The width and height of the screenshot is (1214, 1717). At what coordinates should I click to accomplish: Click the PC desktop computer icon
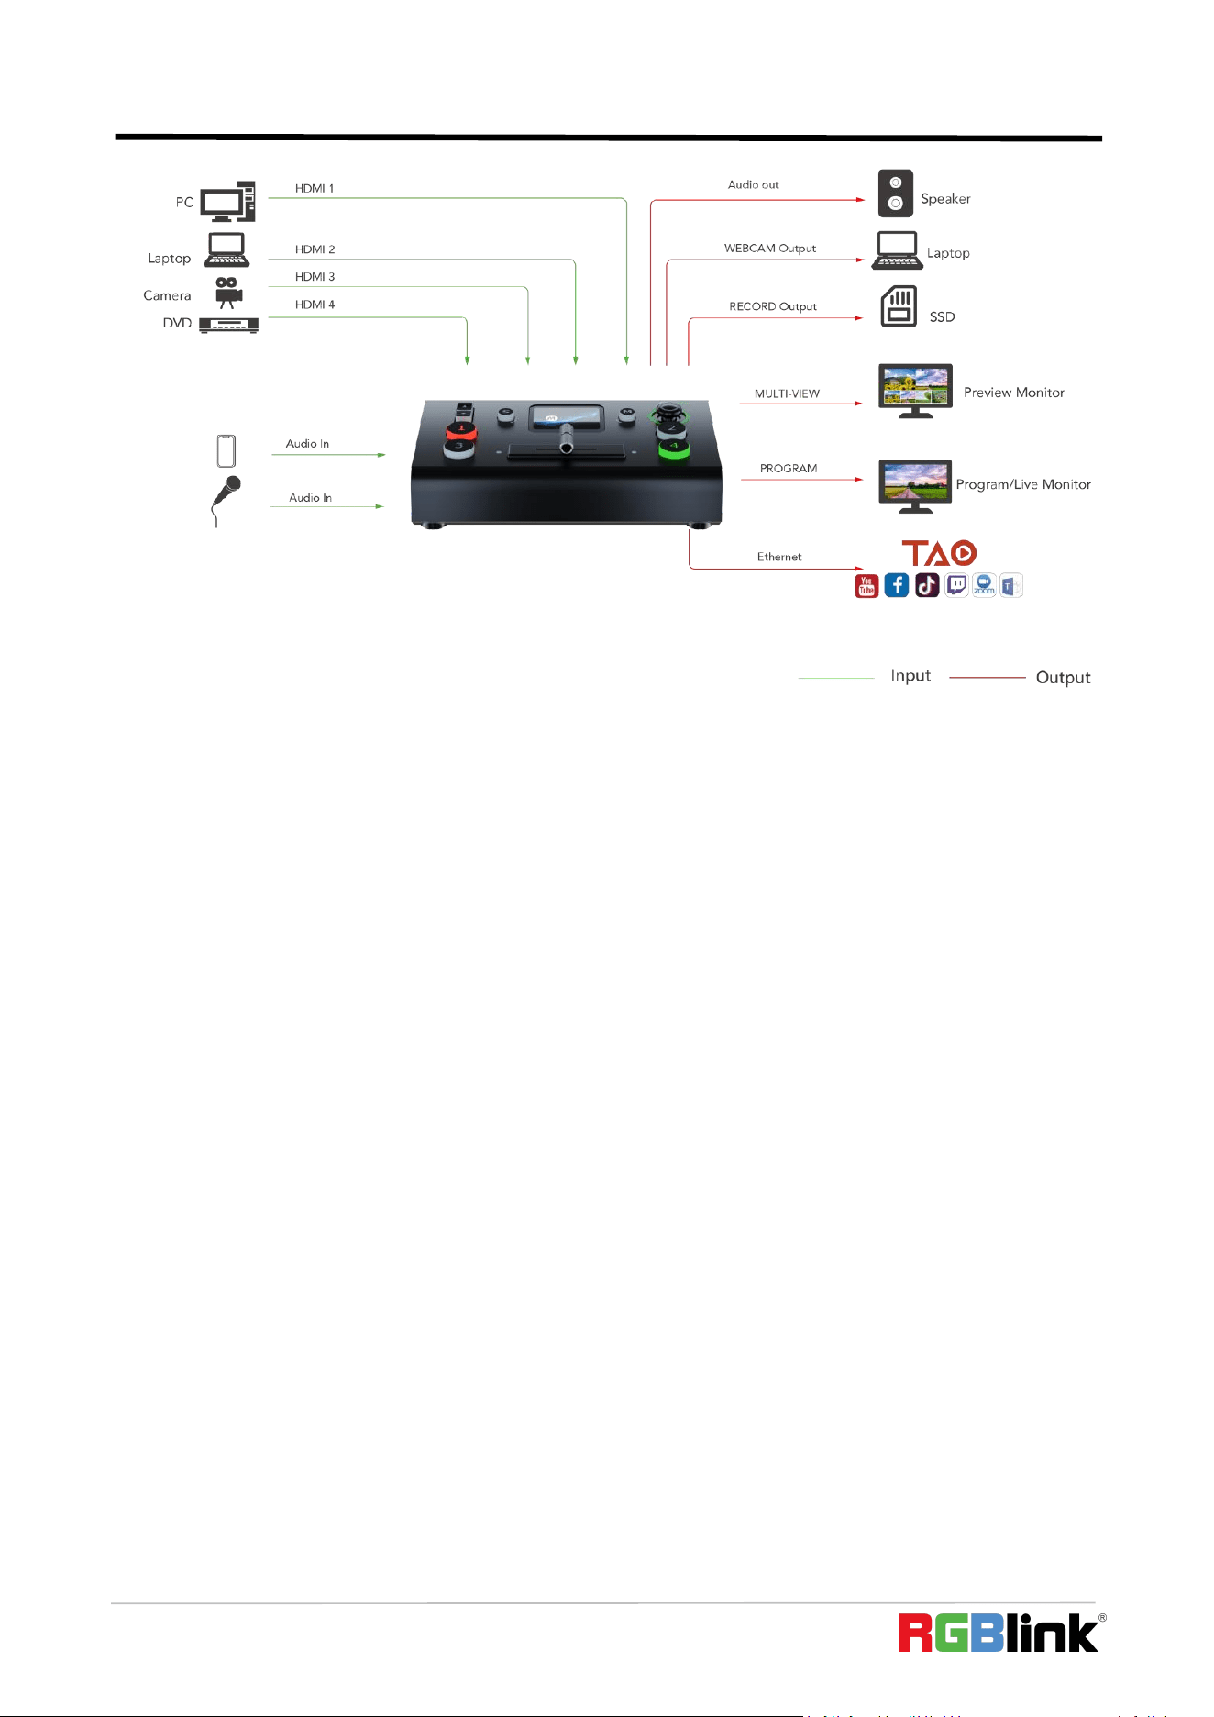click(227, 202)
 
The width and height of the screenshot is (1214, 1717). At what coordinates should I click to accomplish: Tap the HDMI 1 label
click(315, 189)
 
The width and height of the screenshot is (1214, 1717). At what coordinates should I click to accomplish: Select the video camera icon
click(228, 293)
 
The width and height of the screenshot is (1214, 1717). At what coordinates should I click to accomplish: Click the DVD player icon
click(228, 325)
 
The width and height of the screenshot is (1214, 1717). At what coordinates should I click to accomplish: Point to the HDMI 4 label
click(315, 305)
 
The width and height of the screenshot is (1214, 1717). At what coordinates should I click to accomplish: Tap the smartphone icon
click(226, 451)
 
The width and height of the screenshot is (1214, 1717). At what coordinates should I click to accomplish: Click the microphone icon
click(226, 501)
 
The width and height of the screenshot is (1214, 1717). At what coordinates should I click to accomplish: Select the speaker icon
click(896, 193)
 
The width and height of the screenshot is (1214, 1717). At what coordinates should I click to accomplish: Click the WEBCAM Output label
click(770, 249)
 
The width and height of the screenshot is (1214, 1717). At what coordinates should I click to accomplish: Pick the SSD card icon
click(899, 306)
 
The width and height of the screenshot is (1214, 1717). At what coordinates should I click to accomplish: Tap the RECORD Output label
click(773, 306)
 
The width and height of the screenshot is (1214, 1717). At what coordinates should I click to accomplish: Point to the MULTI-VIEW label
click(787, 393)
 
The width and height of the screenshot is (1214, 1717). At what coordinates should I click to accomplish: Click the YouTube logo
click(866, 586)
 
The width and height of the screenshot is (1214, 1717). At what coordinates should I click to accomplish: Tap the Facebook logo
click(897, 586)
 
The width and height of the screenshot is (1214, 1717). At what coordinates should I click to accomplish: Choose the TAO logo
click(939, 553)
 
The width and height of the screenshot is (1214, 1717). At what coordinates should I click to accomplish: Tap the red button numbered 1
click(461, 429)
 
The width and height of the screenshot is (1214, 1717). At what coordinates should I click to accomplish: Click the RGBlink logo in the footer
click(1002, 1634)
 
